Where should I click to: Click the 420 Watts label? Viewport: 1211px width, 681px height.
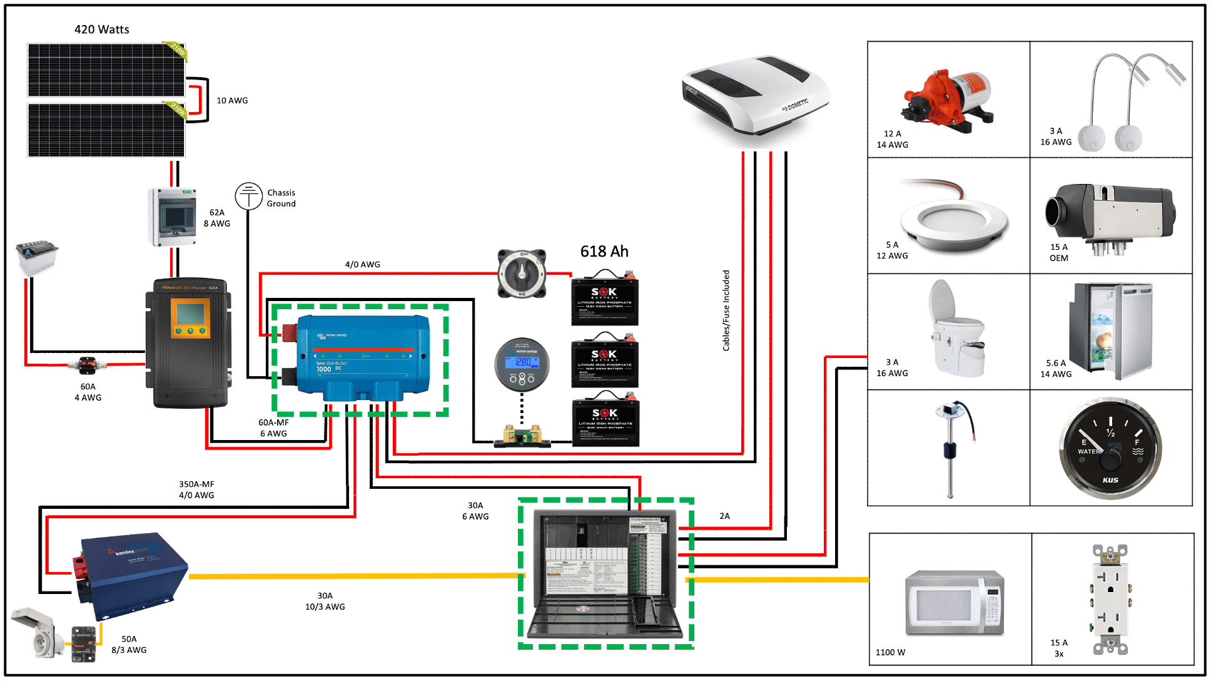pyautogui.click(x=101, y=29)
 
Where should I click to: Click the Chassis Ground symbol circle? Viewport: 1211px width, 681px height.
pyautogui.click(x=248, y=196)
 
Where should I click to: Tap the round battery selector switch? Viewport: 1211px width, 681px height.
pyautogui.click(x=522, y=274)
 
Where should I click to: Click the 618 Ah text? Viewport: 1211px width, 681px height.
pyautogui.click(x=604, y=252)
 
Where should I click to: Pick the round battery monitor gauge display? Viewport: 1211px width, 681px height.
pyautogui.click(x=522, y=364)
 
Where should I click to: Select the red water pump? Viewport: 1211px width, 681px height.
pyautogui.click(x=946, y=100)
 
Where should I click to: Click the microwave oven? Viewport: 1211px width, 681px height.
pyautogui.click(x=955, y=603)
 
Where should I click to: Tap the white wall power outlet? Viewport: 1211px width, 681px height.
pyautogui.click(x=1110, y=599)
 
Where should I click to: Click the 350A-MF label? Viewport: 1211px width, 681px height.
pyautogui.click(x=196, y=484)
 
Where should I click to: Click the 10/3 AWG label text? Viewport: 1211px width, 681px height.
pyautogui.click(x=325, y=607)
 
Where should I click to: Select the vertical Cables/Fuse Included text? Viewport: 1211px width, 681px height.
pyautogui.click(x=726, y=310)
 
